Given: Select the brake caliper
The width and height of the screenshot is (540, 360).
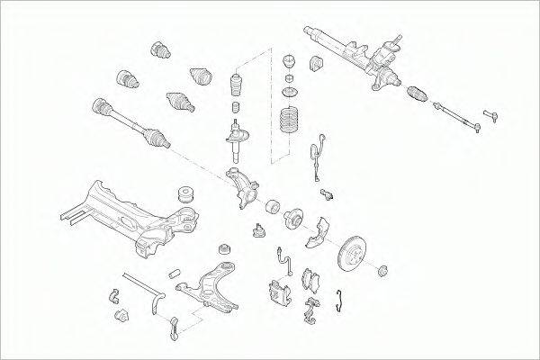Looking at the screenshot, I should [276, 291].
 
